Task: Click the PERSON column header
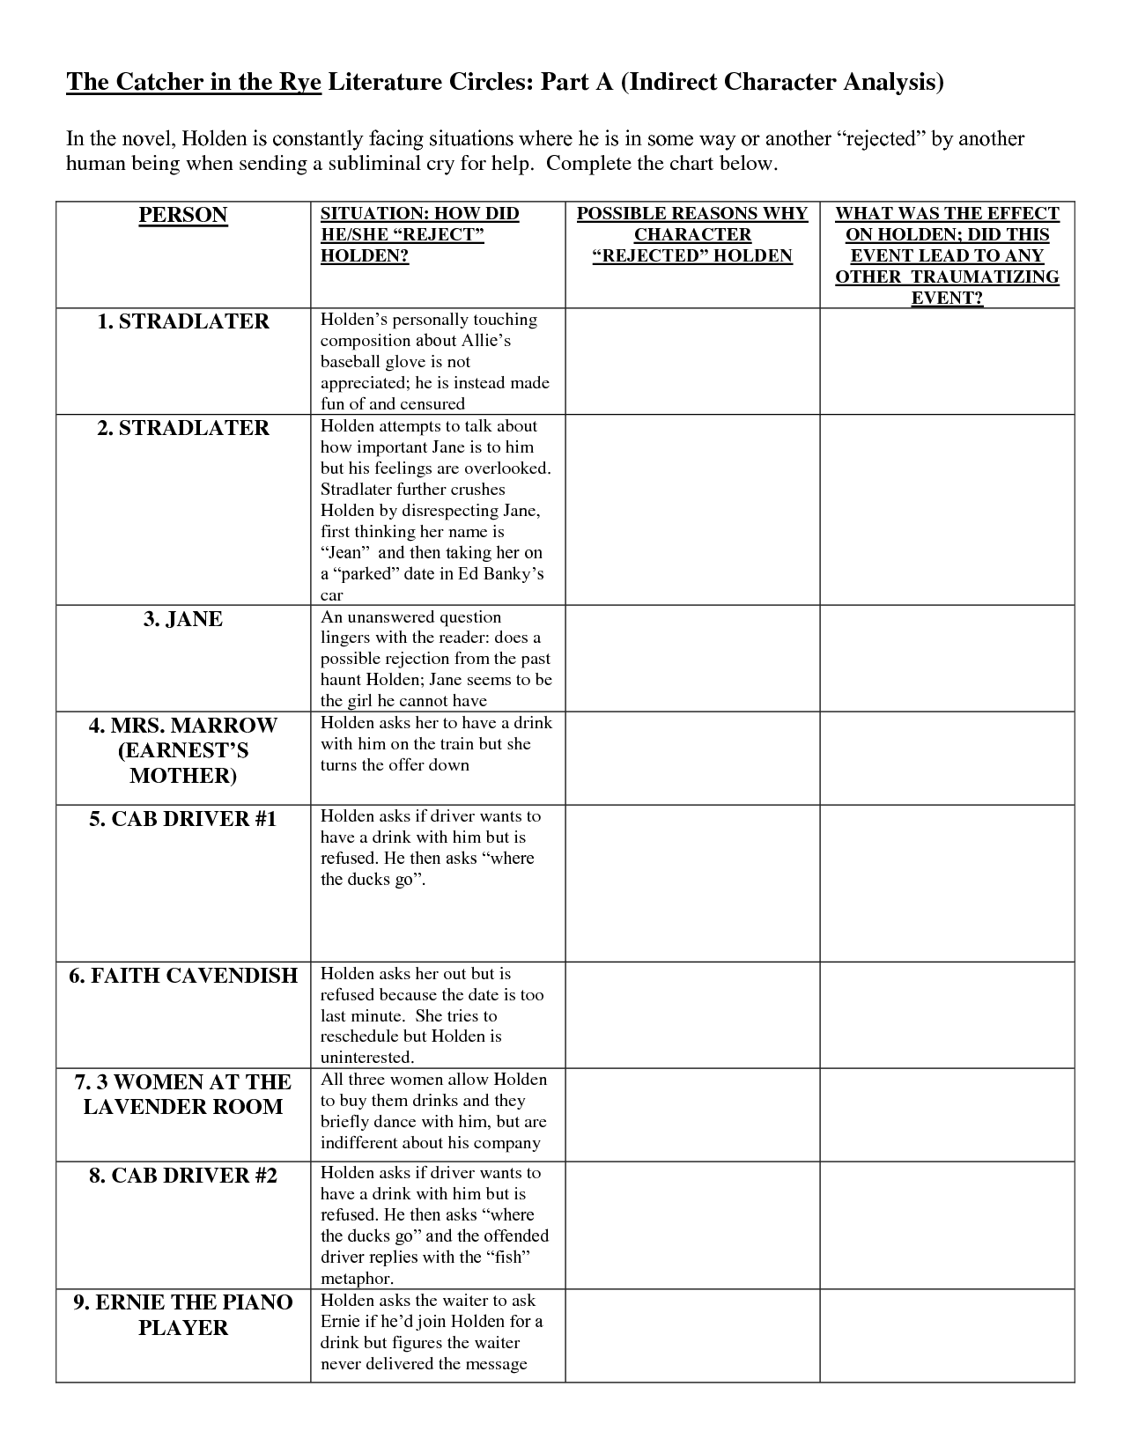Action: (183, 216)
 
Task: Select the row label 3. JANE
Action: (183, 619)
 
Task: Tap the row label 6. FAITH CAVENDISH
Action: (183, 976)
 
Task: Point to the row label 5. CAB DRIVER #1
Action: (183, 819)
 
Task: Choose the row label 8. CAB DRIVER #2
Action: (183, 1176)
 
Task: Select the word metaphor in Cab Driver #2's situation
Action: (357, 1279)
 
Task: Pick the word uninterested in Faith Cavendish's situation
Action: (367, 1058)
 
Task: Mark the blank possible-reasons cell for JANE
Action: (692, 658)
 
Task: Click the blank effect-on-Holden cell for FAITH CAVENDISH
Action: (947, 1015)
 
